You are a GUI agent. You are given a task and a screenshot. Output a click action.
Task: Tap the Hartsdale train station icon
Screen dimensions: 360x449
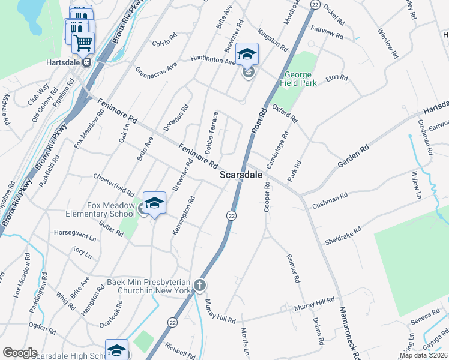point(86,61)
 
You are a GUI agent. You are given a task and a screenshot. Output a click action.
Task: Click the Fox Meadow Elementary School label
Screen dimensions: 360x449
point(111,209)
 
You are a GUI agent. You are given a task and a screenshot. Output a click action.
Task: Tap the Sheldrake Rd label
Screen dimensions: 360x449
point(343,235)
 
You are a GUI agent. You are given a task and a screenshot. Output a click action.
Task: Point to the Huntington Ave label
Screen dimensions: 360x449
point(213,59)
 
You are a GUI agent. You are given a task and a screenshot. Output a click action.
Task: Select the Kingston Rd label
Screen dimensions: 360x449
point(272,38)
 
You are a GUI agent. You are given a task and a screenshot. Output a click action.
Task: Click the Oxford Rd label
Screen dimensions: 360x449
point(285,112)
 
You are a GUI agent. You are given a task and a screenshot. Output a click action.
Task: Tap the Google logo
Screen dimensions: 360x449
point(19,353)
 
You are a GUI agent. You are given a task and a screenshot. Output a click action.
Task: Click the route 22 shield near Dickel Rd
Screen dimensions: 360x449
point(315,4)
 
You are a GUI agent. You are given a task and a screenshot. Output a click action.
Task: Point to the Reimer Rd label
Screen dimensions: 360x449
point(293,268)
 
